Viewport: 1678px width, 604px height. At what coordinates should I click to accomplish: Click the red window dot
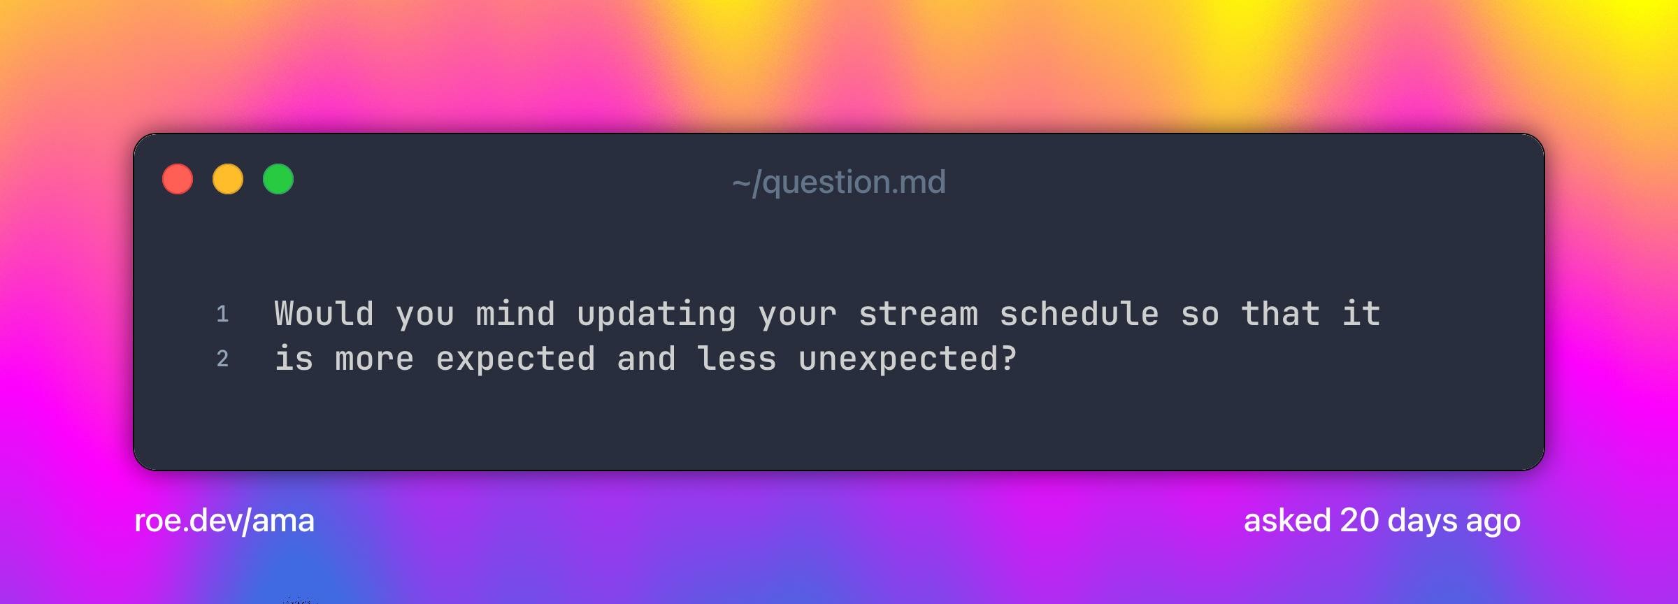tap(178, 179)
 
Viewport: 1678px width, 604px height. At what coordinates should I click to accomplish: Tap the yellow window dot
tap(228, 179)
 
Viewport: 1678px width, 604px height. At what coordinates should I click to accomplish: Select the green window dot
tap(278, 179)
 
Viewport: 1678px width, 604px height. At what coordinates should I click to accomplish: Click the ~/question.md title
tap(839, 182)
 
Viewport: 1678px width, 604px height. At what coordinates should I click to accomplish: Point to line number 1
tap(223, 314)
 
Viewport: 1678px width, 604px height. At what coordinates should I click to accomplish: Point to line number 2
tap(222, 359)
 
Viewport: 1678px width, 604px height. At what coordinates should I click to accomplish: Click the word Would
tap(324, 313)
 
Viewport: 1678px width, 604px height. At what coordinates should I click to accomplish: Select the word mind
tap(515, 313)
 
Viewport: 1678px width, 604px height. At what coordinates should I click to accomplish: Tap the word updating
tap(657, 315)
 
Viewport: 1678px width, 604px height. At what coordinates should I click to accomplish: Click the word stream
tap(918, 315)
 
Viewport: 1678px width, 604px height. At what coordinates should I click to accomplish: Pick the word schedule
tap(1079, 313)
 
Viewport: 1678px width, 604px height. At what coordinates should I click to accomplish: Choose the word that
tap(1281, 313)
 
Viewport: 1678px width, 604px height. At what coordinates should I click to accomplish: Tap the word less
tap(737, 358)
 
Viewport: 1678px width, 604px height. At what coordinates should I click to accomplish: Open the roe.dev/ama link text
tap(224, 521)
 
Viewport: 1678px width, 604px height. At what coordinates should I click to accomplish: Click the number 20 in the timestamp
tap(1359, 521)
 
